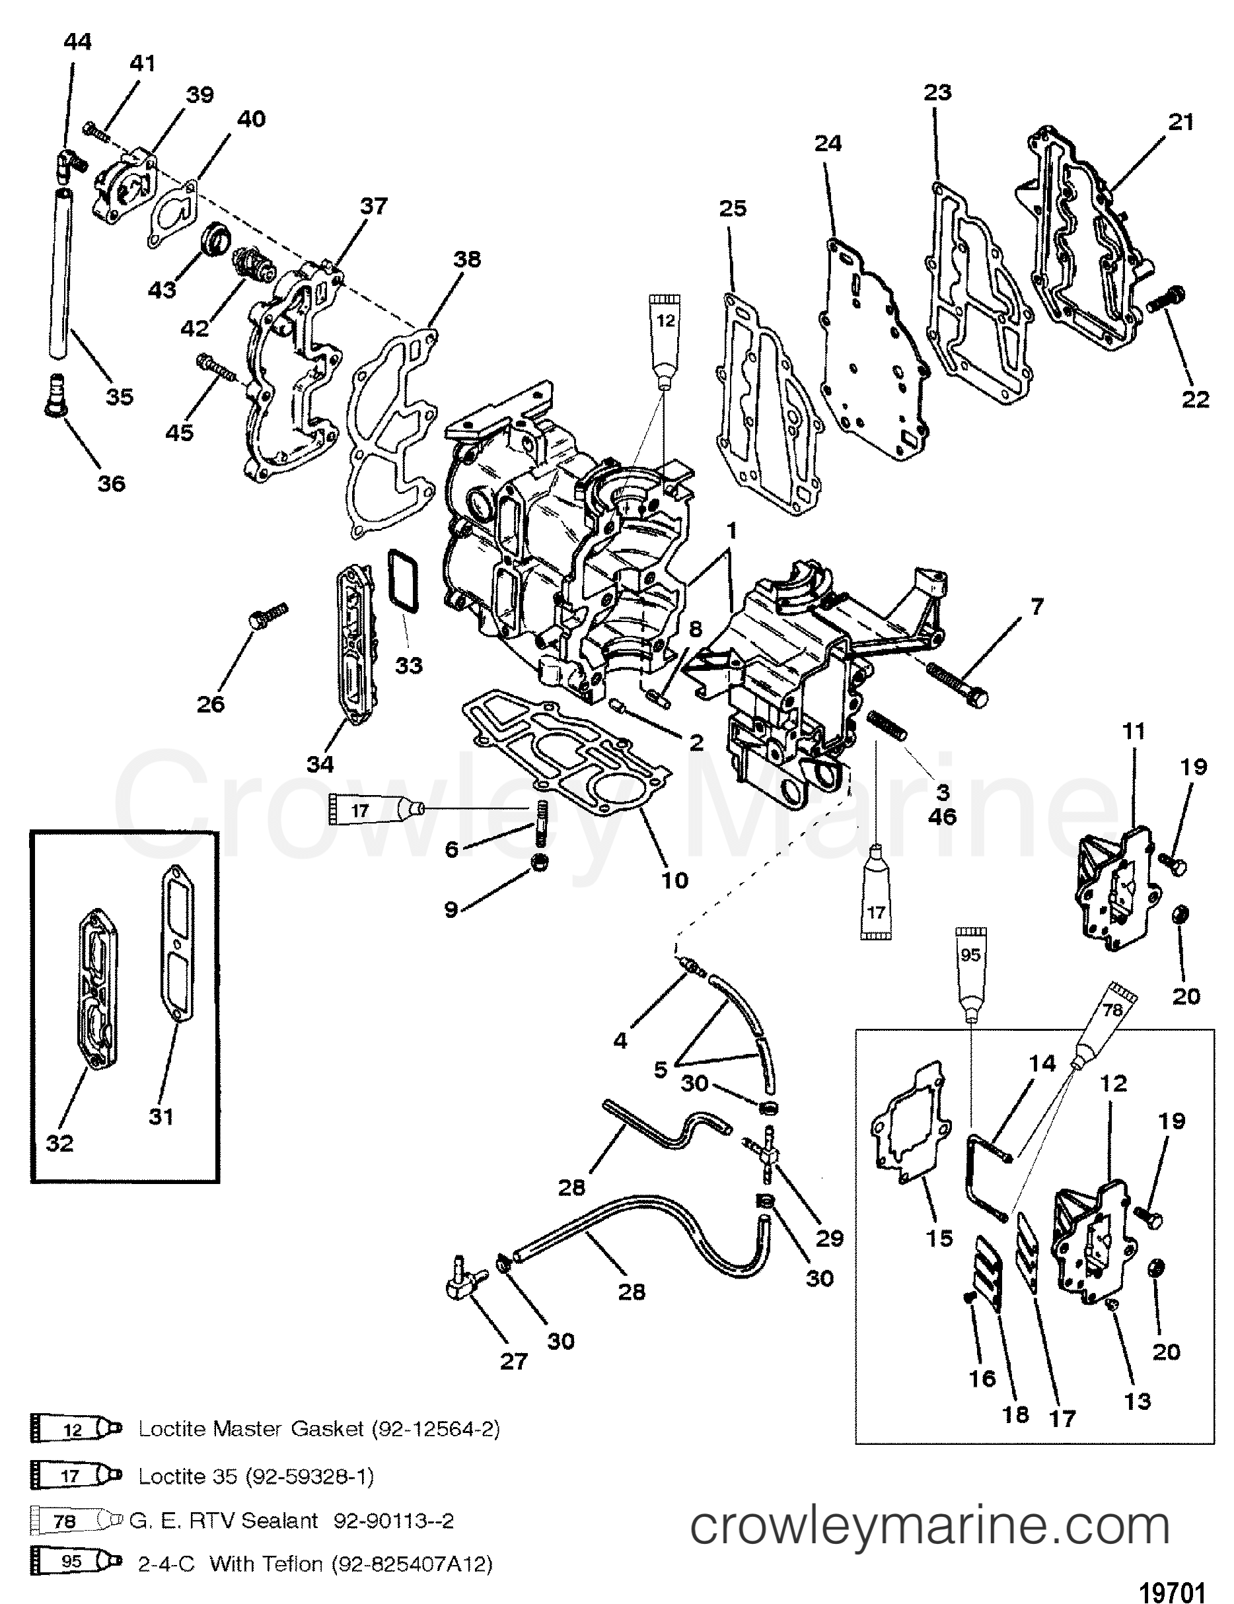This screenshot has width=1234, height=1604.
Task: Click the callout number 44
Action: [78, 42]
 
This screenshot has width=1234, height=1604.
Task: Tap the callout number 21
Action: [1180, 122]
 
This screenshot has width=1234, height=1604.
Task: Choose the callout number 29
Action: [830, 1238]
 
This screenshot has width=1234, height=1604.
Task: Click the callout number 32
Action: [59, 1143]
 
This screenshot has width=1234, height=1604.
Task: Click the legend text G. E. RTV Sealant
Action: [224, 1520]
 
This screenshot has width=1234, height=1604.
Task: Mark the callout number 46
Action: [943, 816]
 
